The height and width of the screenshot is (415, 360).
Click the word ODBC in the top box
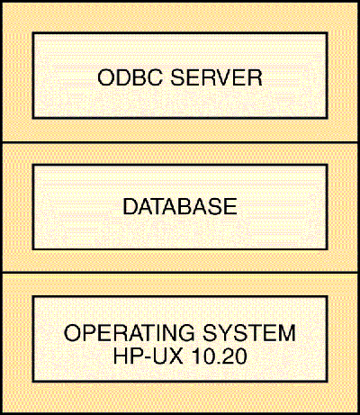click(130, 77)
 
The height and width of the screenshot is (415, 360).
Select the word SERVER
click(216, 77)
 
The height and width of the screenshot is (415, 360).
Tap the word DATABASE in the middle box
click(180, 206)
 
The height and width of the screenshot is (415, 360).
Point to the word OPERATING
click(130, 333)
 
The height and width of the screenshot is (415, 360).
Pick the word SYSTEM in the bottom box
click(249, 333)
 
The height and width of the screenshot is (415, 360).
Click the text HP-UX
click(148, 356)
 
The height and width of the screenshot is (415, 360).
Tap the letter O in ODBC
click(105, 77)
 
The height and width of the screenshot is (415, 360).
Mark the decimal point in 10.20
click(217, 362)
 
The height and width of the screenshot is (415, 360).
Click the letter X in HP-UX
click(175, 356)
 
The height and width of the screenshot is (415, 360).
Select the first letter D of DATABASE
click(130, 206)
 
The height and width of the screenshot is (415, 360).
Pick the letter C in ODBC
click(155, 77)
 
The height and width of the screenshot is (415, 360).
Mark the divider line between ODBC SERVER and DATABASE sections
click(180, 142)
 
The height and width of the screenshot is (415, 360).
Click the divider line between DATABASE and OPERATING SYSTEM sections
click(180, 273)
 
